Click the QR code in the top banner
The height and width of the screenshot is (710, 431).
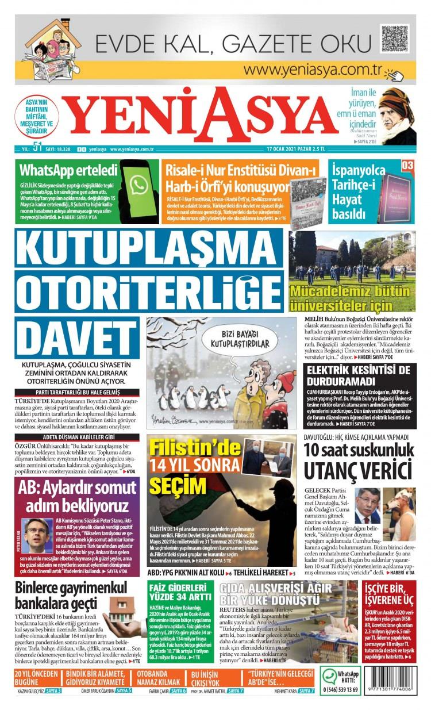coord(394,40)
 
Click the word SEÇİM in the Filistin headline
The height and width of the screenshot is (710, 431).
coord(174,483)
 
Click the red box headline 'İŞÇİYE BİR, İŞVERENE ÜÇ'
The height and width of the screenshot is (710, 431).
coord(388,595)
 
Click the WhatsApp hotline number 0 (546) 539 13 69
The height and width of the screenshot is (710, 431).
coord(340,689)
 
